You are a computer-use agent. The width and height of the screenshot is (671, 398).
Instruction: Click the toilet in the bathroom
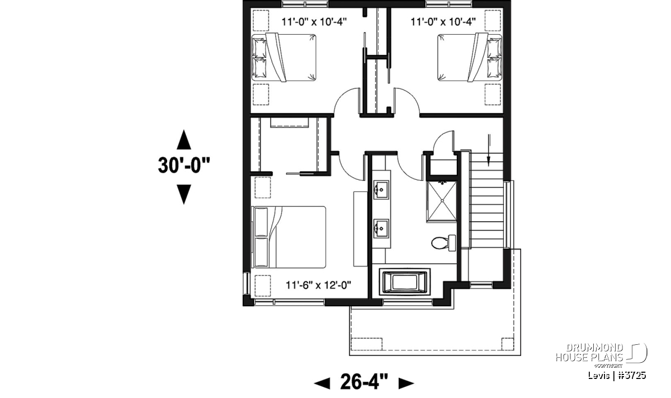coord(443,243)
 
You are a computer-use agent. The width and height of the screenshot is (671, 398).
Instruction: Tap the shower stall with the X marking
coord(442,202)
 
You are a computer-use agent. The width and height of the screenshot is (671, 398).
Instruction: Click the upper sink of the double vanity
coord(381,190)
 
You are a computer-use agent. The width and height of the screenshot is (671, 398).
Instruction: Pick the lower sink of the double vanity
coord(381,228)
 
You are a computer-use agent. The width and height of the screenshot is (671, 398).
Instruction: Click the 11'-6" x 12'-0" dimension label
coord(318,285)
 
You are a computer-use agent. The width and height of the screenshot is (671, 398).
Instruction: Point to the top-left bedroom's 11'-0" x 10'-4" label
coord(314,22)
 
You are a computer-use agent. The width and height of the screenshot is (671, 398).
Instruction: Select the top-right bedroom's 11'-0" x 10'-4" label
coord(443,22)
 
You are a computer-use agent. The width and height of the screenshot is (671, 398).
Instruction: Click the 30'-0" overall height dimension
coord(184,165)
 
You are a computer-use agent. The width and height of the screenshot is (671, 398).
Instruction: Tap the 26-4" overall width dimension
coord(364,382)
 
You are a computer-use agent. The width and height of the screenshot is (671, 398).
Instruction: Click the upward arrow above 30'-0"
coord(183,139)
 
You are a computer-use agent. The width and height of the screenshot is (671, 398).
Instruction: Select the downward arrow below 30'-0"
coord(183,194)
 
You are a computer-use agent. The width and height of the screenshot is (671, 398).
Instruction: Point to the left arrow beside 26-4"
coord(322,383)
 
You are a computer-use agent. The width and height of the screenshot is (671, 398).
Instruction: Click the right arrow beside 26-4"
coord(406,383)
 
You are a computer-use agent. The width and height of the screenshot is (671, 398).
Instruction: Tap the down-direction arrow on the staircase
coord(489,150)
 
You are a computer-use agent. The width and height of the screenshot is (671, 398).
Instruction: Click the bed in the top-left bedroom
coord(283,58)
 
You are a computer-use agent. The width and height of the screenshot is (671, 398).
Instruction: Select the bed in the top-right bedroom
coord(469,58)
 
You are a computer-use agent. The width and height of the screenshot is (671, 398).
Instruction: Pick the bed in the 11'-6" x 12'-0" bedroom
coord(289,237)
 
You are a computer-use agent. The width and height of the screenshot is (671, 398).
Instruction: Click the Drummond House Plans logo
coord(601,355)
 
